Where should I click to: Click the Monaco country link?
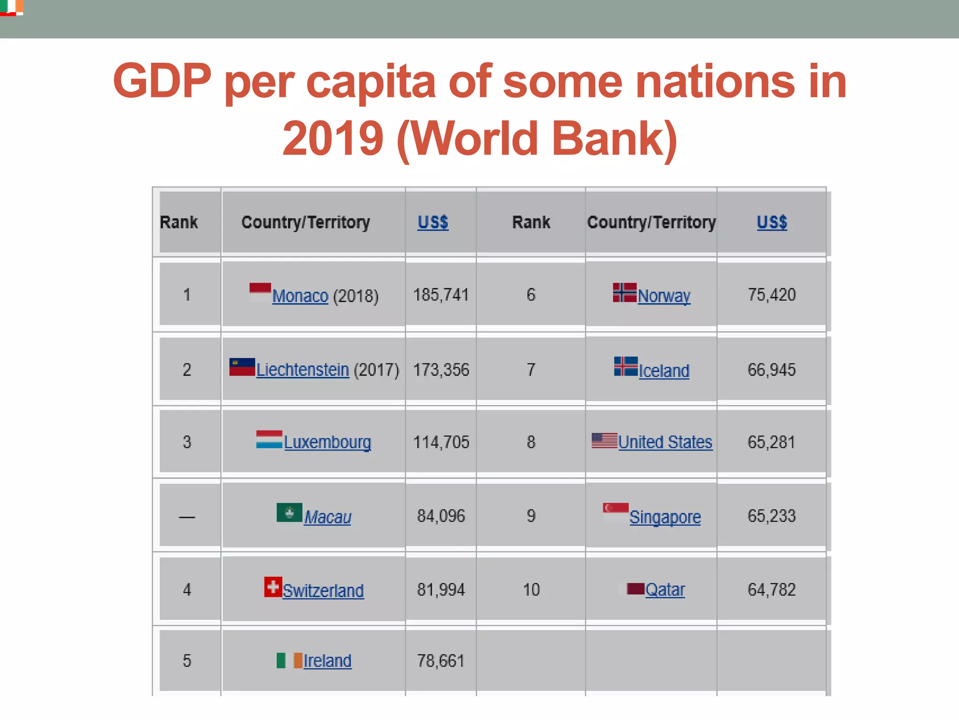pos(300,296)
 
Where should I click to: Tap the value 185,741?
pos(441,295)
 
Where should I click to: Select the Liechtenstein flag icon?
pos(242,367)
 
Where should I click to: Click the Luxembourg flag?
pos(269,440)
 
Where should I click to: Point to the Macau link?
pos(328,517)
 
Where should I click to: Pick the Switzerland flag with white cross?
pos(273,587)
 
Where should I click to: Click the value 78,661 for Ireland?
pos(441,661)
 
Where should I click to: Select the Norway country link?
pos(664,296)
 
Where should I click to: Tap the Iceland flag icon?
pos(626,367)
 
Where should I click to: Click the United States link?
pos(665,442)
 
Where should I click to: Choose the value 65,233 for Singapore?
pos(772,516)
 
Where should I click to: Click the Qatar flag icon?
pos(635,589)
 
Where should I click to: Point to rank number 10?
pos(531,590)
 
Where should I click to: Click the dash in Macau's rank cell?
pos(187,517)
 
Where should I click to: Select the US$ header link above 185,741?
pos(433,222)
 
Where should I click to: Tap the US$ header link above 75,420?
pos(772,222)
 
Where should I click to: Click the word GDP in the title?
pos(162,81)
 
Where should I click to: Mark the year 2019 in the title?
pos(333,138)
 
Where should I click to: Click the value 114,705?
pos(441,442)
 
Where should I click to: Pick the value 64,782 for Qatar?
pos(772,590)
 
